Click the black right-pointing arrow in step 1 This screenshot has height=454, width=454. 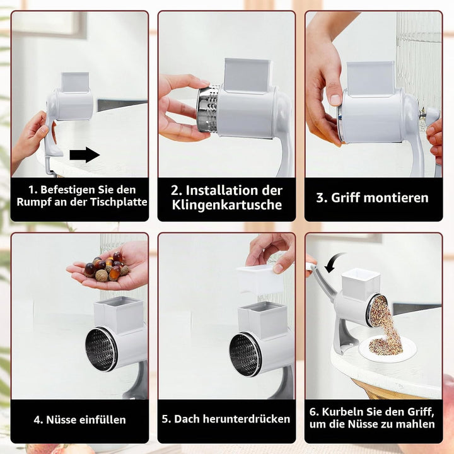pos(84,154)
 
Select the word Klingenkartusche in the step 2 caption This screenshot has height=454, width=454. pos(227,205)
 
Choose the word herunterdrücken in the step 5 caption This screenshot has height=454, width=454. pos(247,419)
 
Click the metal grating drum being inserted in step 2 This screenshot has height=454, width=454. pos(208,109)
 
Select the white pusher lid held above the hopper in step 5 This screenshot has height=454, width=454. pos(260,279)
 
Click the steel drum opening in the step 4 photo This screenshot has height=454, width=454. pos(101,349)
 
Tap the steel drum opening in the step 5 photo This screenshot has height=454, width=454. pos(245,354)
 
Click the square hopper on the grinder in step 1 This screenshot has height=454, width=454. pos(75,82)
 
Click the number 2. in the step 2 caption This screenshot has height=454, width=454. pos(177,190)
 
